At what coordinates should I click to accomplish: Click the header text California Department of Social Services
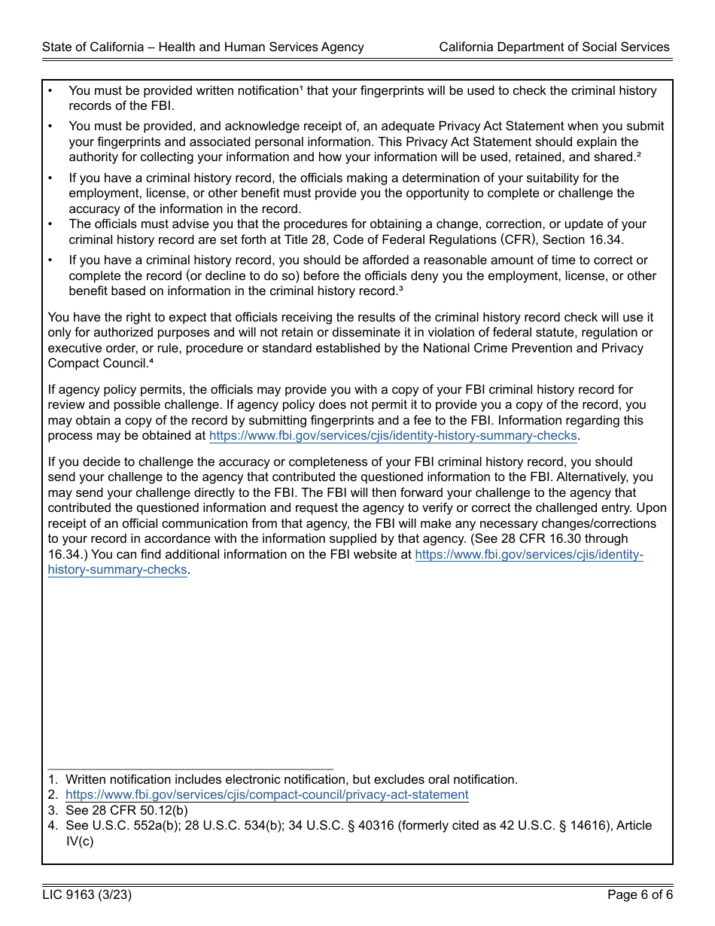point(554,47)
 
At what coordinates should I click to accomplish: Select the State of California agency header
point(202,47)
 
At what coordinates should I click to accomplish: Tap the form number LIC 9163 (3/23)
point(87,895)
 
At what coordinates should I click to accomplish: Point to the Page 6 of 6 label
point(640,895)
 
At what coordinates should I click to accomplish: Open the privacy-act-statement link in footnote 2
point(266,795)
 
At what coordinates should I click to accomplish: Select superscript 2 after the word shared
point(638,154)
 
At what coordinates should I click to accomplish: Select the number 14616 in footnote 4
point(577,826)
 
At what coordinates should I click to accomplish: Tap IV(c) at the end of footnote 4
point(80,841)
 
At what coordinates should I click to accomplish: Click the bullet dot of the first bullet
point(50,91)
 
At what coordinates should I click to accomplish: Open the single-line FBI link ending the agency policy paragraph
point(393,436)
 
